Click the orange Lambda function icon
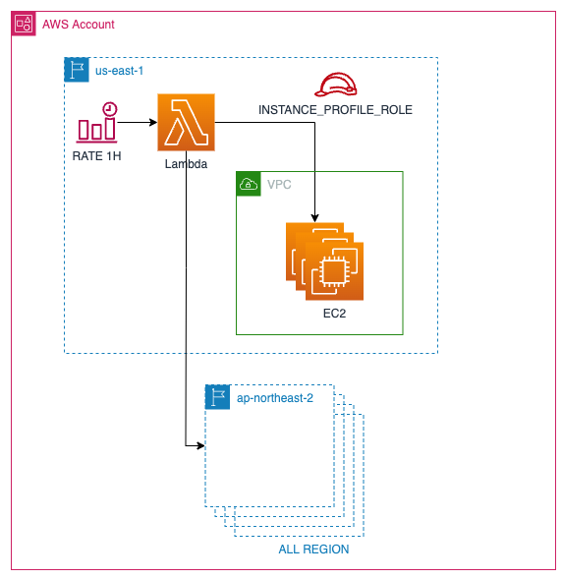click(186, 123)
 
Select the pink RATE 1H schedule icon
click(97, 122)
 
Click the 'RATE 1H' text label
click(97, 155)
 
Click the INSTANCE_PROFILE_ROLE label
click(335, 110)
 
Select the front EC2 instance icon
click(334, 269)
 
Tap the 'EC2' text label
click(334, 313)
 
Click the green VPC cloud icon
click(249, 184)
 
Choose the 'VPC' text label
click(279, 184)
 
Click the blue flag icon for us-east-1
click(77, 70)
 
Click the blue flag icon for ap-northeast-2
click(217, 396)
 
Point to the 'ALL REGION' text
click(313, 550)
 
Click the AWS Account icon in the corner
click(24, 24)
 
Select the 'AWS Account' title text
click(78, 24)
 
